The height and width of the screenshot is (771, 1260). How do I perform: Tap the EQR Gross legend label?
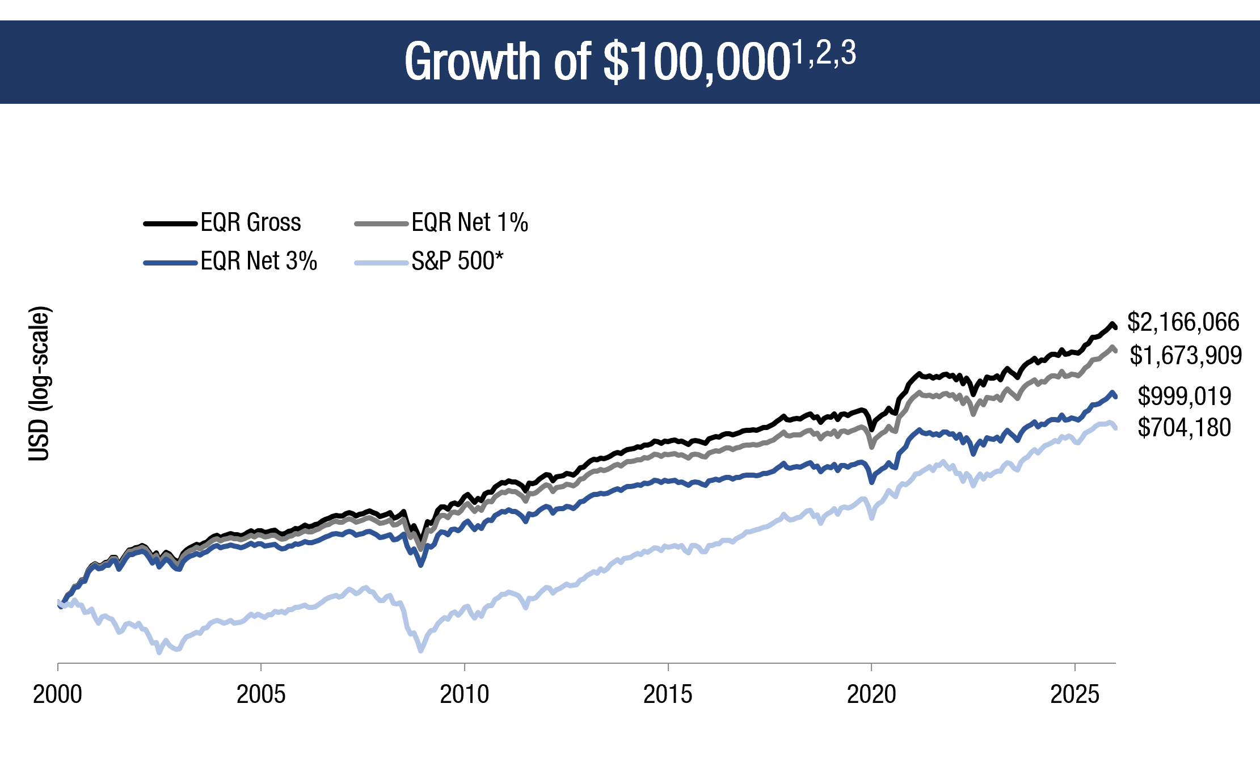[x=251, y=222]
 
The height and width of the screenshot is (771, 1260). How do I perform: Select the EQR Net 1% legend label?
[x=470, y=222]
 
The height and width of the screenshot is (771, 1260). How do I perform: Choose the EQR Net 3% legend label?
[x=259, y=262]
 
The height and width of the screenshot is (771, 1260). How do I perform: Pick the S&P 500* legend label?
[x=457, y=262]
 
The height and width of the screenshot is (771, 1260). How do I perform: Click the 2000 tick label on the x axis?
[x=57, y=694]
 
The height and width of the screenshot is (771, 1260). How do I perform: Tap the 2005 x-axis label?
[x=261, y=694]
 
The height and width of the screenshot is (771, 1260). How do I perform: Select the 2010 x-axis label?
[x=465, y=694]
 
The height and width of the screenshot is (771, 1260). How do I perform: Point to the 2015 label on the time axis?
[x=668, y=694]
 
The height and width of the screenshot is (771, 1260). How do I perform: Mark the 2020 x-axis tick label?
[x=871, y=694]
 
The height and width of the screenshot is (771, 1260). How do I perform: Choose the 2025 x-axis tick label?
[x=1075, y=694]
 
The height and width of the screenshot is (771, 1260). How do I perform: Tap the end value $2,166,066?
[x=1183, y=322]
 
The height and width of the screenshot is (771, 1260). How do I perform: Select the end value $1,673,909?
[x=1186, y=356]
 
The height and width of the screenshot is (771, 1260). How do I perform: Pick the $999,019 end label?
[x=1185, y=396]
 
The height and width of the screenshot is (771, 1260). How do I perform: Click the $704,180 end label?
[x=1185, y=428]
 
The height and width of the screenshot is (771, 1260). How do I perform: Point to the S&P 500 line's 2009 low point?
[x=420, y=650]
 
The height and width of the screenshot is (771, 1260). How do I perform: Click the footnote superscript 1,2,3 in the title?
[x=824, y=54]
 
